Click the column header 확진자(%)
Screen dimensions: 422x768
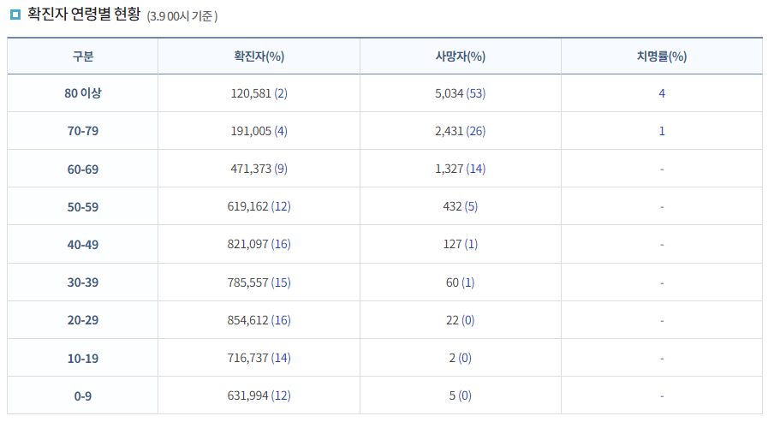tap(259, 56)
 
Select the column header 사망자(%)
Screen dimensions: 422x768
tap(460, 56)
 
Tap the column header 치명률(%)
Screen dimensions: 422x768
tap(661, 56)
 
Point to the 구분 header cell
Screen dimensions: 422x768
tap(83, 56)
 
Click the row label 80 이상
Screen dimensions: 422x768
tap(83, 93)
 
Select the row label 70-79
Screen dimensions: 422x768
tap(83, 131)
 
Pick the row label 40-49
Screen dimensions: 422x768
tap(83, 244)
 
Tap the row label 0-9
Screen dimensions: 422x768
tap(83, 395)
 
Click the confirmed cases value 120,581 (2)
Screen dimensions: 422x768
tap(259, 93)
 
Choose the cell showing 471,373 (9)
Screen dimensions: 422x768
tap(259, 169)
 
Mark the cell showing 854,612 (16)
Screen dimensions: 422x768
tap(259, 319)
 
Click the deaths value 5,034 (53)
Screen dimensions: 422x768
tap(460, 93)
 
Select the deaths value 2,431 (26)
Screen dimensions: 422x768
tap(460, 131)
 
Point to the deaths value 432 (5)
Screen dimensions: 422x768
tap(460, 206)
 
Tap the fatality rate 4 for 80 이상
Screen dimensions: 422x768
tap(662, 93)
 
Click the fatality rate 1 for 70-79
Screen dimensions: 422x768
tap(662, 131)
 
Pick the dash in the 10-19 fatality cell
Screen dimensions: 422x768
tap(662, 357)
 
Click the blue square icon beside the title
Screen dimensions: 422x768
tap(15, 15)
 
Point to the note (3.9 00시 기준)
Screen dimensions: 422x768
tap(182, 16)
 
